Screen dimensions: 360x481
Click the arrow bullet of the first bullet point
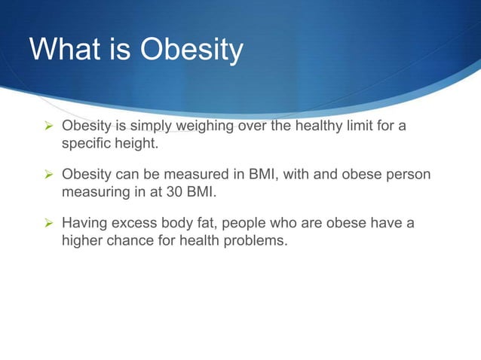pyautogui.click(x=47, y=125)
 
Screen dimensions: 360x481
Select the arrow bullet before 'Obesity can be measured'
pyautogui.click(x=47, y=175)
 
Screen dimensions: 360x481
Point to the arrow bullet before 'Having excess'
pyautogui.click(x=47, y=224)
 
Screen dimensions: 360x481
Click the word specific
pyautogui.click(x=87, y=142)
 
